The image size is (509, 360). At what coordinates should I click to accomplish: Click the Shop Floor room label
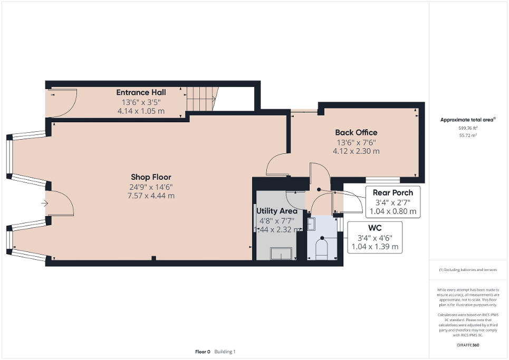coord(151,177)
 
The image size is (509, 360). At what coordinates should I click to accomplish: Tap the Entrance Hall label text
coord(141,93)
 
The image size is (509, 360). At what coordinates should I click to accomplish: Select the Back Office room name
coord(356,132)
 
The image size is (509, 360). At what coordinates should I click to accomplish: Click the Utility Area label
coord(276,211)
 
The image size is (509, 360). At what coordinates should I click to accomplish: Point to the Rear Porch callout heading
coord(392,192)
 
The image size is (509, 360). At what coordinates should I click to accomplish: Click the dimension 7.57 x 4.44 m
coord(151,196)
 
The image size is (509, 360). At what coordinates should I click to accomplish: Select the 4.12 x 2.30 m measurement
coord(356,151)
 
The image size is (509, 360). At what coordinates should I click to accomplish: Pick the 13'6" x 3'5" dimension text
coord(141,102)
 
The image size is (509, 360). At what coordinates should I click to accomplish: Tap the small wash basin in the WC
coord(311,225)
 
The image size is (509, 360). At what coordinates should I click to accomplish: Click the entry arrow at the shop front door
coord(45,203)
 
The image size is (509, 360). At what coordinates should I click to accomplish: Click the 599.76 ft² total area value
coord(467,128)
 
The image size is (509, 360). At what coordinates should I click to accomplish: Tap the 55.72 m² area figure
coord(467,135)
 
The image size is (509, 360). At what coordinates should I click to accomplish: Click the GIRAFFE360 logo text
coord(468,345)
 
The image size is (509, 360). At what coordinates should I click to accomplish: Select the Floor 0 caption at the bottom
coord(203,352)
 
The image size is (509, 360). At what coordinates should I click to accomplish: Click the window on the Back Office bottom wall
coord(382,180)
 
